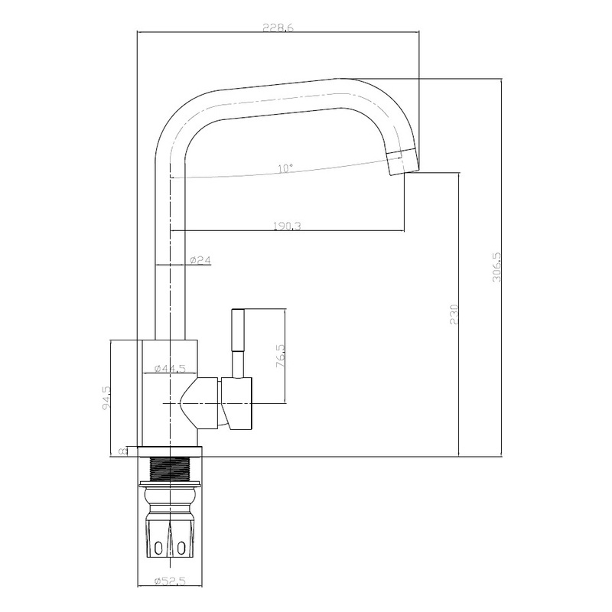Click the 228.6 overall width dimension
pyautogui.click(x=278, y=28)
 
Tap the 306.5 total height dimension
pyautogui.click(x=496, y=266)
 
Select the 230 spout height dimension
pyautogui.click(x=454, y=314)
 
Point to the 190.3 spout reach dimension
pyautogui.click(x=287, y=226)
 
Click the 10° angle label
pyautogui.click(x=285, y=168)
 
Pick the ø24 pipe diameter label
pyautogui.click(x=200, y=259)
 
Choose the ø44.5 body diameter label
pyautogui.click(x=169, y=368)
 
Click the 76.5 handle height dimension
pyautogui.click(x=281, y=355)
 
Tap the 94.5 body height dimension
pyautogui.click(x=106, y=398)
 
